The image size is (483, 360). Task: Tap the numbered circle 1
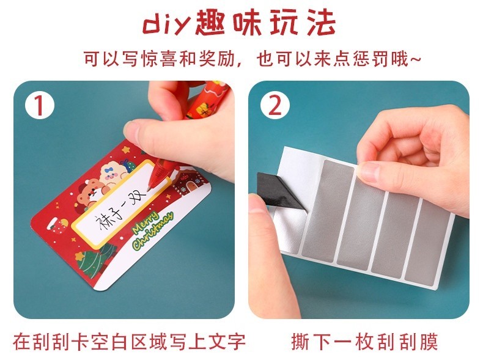[x=40, y=106]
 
